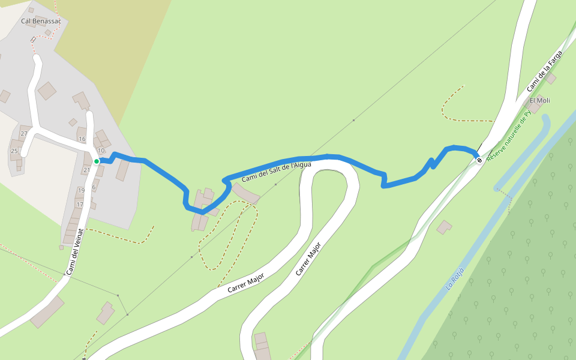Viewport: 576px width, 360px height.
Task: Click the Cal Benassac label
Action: pyautogui.click(x=41, y=21)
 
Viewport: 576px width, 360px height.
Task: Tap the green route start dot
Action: pyautogui.click(x=96, y=161)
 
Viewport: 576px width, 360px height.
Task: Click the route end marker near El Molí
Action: pyautogui.click(x=479, y=160)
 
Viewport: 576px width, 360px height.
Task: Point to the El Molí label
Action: pyautogui.click(x=539, y=100)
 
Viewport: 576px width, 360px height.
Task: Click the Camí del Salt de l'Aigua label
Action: pyautogui.click(x=276, y=172)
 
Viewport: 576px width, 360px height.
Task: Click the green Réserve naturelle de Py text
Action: pyautogui.click(x=509, y=136)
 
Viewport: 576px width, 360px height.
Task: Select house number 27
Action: pyautogui.click(x=25, y=134)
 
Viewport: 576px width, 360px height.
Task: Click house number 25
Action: pyautogui.click(x=14, y=151)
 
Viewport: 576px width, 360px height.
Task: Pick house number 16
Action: pyautogui.click(x=82, y=139)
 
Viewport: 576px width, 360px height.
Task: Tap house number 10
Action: pyautogui.click(x=101, y=150)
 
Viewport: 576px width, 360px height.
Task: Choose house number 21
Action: pyautogui.click(x=87, y=170)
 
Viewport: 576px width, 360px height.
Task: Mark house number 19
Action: pyautogui.click(x=81, y=190)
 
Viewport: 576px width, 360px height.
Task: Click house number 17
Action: pyautogui.click(x=79, y=205)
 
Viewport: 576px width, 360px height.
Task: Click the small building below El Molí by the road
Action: pyautogui.click(x=444, y=227)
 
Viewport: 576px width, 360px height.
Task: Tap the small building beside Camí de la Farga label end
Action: pyautogui.click(x=551, y=79)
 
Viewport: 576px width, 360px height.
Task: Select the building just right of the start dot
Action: pyautogui.click(x=122, y=170)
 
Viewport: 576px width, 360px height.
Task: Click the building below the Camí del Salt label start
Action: pyautogui.click(x=245, y=193)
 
